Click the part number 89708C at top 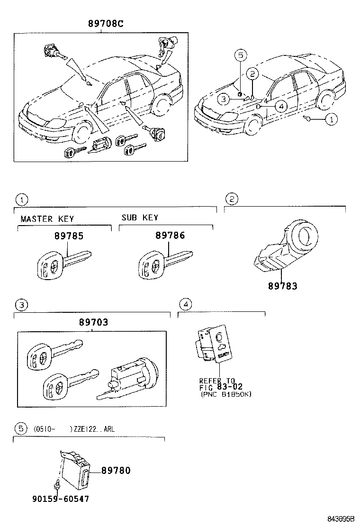105,24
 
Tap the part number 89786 170,236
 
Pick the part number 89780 116,471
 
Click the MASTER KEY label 47,219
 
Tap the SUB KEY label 140,218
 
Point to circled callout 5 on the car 240,55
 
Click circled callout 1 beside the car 331,119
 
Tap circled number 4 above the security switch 186,304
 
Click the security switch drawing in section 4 214,348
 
